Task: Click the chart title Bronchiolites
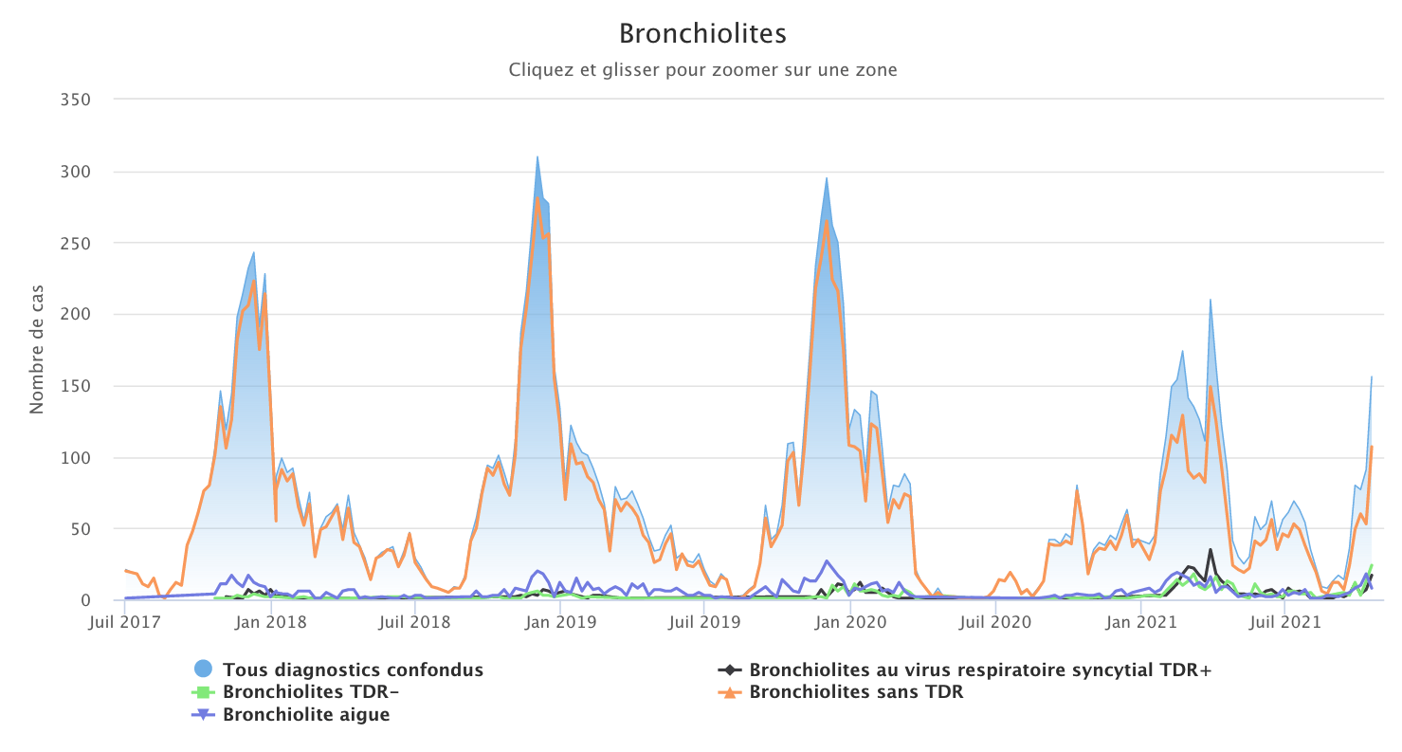(702, 34)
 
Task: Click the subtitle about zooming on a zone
(702, 70)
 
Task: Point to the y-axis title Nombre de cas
(37, 349)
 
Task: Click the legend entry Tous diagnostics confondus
(353, 670)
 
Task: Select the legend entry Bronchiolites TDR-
(310, 692)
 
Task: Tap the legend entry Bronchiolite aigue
(305, 715)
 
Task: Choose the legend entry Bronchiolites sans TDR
(855, 692)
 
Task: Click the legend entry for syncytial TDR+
(979, 670)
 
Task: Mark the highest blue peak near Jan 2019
(537, 157)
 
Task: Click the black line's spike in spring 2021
(1210, 549)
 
